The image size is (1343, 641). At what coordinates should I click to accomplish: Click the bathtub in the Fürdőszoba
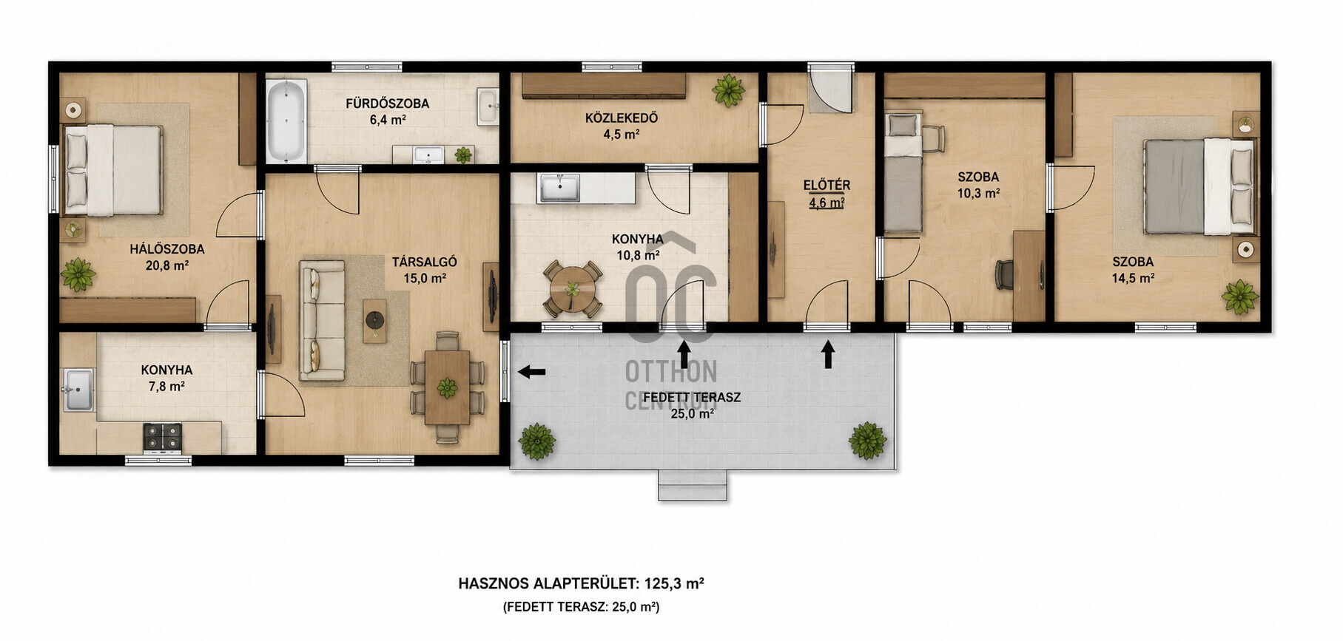tap(286, 122)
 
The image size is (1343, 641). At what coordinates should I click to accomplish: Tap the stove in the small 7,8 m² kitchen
tap(162, 437)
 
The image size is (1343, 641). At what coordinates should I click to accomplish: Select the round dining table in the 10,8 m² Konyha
tap(572, 289)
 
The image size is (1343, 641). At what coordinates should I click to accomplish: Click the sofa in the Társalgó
tap(322, 320)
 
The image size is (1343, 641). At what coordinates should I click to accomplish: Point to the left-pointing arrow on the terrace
tap(531, 372)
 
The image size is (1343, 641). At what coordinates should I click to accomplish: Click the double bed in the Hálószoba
tap(112, 170)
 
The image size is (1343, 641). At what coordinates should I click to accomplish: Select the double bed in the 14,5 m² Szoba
tap(1199, 186)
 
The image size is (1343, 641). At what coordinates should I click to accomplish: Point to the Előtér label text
tap(827, 185)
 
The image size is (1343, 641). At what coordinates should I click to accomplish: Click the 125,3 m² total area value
tap(674, 583)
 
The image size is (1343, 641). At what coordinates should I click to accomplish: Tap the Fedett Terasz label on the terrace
tap(692, 397)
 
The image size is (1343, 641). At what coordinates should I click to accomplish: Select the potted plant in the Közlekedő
tap(728, 90)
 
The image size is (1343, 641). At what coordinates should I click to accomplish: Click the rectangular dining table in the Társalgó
tap(447, 387)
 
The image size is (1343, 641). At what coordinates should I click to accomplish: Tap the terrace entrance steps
tap(693, 485)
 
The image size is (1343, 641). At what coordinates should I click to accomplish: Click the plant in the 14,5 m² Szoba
tap(1239, 296)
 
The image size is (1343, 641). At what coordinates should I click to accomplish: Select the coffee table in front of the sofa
tap(375, 320)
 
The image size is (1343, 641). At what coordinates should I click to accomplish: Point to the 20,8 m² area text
tap(167, 265)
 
